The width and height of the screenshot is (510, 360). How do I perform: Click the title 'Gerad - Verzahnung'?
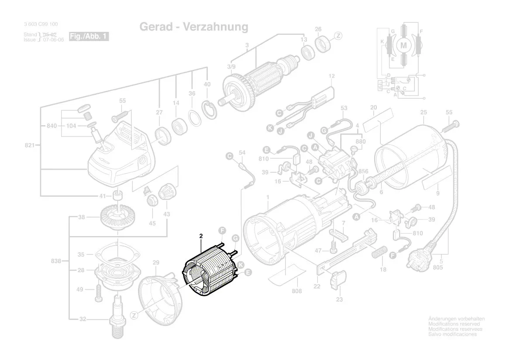194,27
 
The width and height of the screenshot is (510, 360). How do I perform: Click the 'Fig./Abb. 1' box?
89,36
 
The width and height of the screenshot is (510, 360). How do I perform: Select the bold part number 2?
201,236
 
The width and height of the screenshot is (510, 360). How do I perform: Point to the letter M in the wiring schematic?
403,45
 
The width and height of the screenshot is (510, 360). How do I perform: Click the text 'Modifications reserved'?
454,324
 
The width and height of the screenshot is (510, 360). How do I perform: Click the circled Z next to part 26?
338,36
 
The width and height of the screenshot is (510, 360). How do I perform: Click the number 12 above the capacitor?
331,76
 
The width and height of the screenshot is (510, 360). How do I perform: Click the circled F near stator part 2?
222,230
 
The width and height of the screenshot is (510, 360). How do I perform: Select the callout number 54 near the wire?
243,153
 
